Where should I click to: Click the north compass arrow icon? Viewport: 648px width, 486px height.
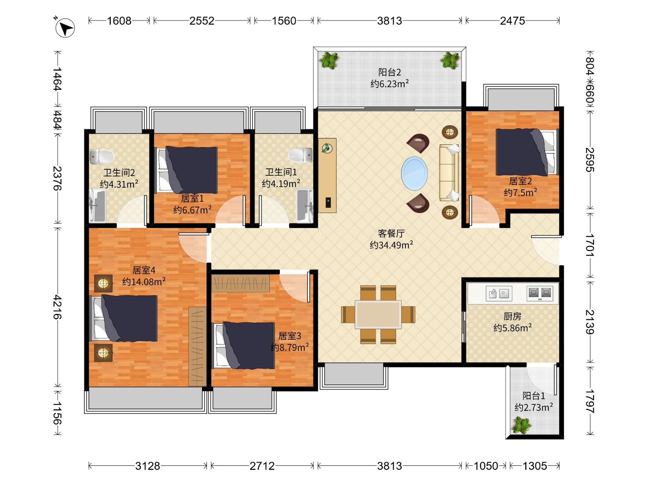tap(65, 28)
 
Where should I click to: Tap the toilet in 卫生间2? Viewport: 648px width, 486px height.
tap(102, 157)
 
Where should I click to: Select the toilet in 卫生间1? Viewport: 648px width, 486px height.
tap(300, 155)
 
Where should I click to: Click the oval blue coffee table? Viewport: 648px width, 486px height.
tap(414, 173)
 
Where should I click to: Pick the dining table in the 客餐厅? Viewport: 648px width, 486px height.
tap(378, 314)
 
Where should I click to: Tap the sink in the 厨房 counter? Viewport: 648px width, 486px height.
tap(499, 293)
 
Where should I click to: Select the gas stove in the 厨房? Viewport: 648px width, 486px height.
tap(540, 293)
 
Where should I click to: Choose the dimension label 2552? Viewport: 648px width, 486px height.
tap(202, 21)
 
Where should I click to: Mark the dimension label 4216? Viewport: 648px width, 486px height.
tap(58, 307)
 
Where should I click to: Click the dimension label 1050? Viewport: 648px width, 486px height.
tap(486, 466)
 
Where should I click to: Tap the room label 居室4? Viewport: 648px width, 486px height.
tap(144, 270)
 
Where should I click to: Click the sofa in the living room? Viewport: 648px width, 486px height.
tap(449, 173)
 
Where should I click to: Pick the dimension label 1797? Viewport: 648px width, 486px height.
tap(590, 401)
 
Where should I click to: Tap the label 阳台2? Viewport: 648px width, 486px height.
tap(389, 72)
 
